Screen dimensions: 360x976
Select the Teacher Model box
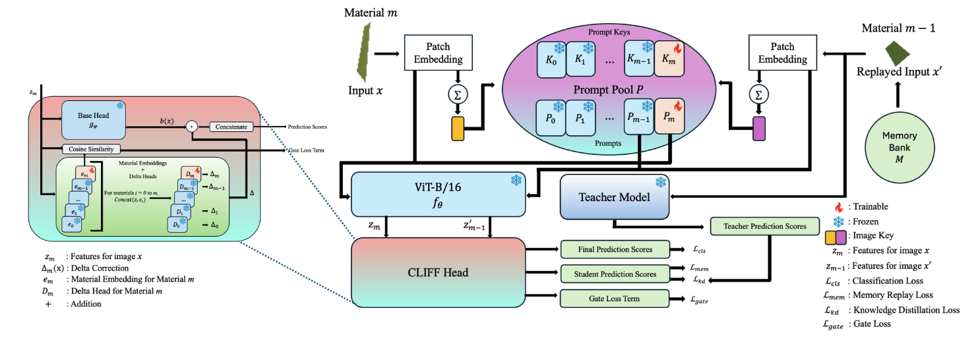click(615, 196)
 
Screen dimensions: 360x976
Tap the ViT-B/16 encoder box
click(438, 193)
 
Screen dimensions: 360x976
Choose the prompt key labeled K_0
click(552, 58)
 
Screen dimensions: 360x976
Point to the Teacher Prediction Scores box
click(764, 226)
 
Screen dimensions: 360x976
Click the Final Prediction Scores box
click(614, 249)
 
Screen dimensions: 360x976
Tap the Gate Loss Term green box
click(614, 299)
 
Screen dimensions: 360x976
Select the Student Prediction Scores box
click(614, 274)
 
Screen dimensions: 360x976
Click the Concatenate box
click(231, 126)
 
